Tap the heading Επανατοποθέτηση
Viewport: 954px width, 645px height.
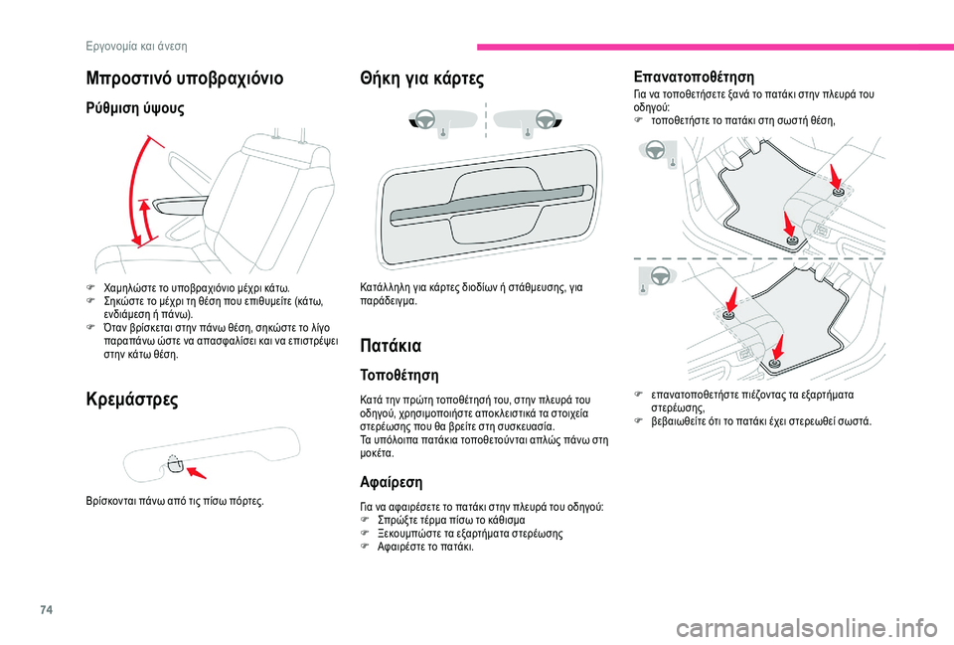click(x=693, y=76)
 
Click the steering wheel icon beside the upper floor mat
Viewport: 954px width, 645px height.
click(x=654, y=150)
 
